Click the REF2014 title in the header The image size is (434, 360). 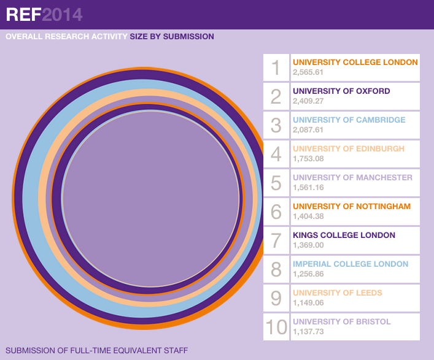click(44, 15)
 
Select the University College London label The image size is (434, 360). click(355, 63)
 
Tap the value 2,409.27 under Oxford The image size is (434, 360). click(308, 101)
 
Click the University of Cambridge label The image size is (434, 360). click(349, 120)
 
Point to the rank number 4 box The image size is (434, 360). click(276, 154)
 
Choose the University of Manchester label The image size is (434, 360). click(352, 178)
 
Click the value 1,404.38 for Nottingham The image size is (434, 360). click(308, 216)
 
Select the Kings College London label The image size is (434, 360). click(344, 236)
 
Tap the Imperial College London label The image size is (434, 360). click(350, 264)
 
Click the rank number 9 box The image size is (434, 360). click(276, 298)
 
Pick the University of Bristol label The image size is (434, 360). click(341, 322)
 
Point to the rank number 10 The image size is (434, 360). click(276, 327)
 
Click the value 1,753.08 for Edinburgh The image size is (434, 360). click(308, 159)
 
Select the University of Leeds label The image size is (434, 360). click(337, 293)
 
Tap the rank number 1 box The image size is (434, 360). click(276, 67)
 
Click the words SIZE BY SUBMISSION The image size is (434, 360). click(172, 37)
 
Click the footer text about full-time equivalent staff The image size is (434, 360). click(96, 351)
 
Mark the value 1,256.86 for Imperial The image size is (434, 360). click(308, 274)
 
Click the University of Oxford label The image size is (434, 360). click(341, 91)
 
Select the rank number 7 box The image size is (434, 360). click(276, 240)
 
